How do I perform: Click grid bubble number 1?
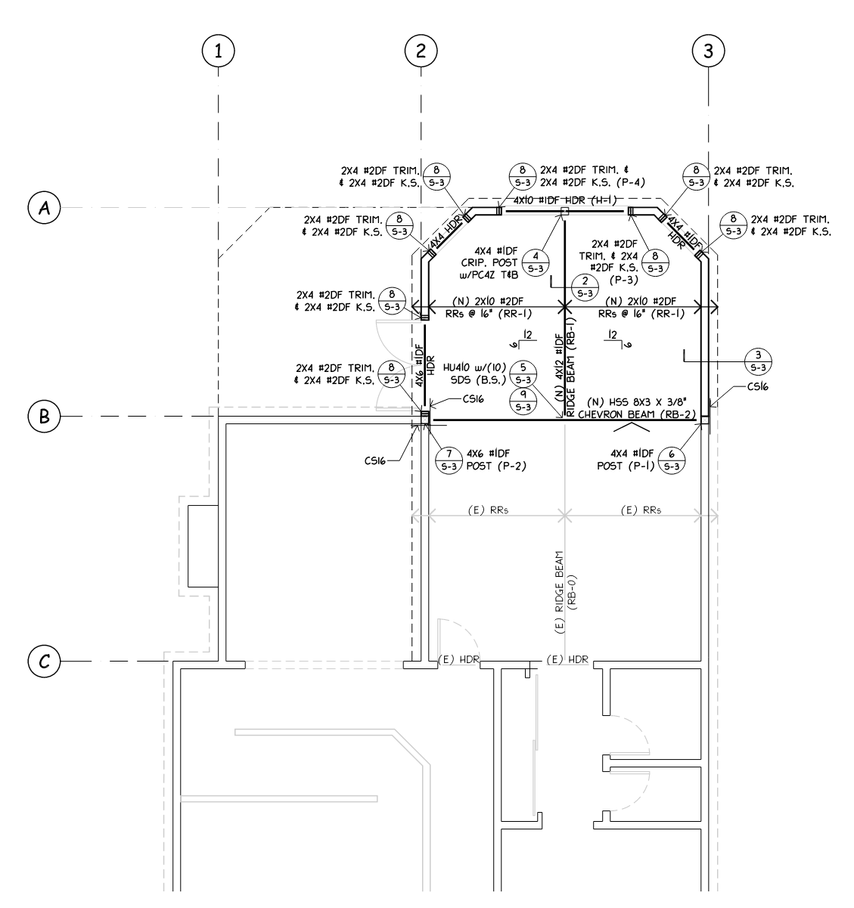click(219, 51)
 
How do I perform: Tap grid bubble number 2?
click(421, 51)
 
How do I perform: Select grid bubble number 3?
click(709, 51)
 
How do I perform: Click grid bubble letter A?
click(45, 208)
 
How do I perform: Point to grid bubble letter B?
click(45, 417)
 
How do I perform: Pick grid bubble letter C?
click(45, 662)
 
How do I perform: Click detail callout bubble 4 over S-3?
click(536, 262)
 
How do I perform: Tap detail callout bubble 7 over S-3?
click(449, 460)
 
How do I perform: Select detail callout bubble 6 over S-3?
click(672, 460)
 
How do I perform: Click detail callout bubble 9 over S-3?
click(523, 401)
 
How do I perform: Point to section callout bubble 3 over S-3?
click(759, 361)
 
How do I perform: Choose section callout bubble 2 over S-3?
click(585, 287)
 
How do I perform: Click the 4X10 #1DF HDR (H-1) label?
click(565, 200)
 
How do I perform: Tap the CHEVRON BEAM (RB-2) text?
click(637, 414)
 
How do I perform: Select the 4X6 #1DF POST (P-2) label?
click(496, 460)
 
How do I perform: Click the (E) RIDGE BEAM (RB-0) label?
click(566, 592)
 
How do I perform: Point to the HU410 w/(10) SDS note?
click(474, 373)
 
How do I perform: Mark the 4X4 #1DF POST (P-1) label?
click(626, 460)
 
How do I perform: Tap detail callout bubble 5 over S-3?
click(523, 373)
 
